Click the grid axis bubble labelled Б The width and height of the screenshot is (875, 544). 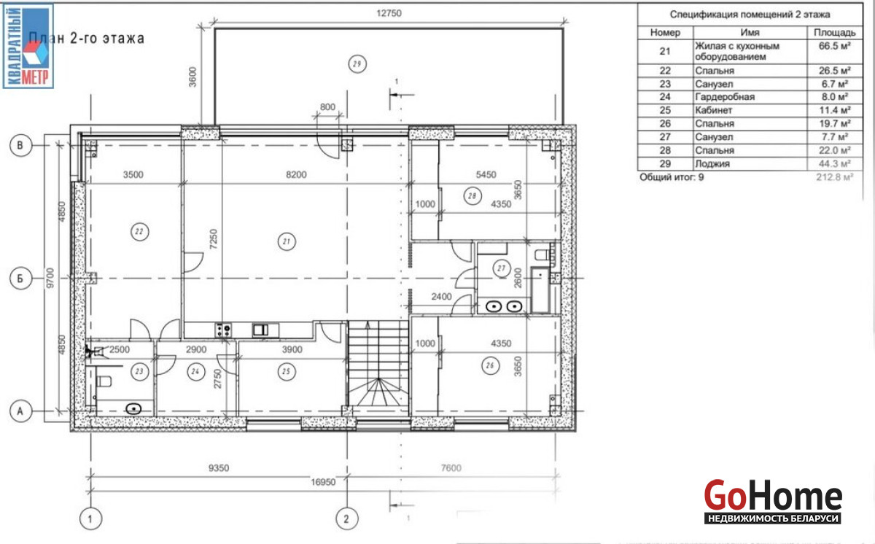(20, 279)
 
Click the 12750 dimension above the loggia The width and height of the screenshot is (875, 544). (389, 13)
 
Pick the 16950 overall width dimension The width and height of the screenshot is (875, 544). (323, 482)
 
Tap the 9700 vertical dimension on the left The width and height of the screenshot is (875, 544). (50, 278)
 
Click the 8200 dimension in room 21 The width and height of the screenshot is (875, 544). (296, 174)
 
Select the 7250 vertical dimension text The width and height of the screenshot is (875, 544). (213, 239)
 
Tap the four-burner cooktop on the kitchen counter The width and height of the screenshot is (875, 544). (223, 330)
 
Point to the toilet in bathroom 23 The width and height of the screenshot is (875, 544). (104, 381)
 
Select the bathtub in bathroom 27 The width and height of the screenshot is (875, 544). (540, 290)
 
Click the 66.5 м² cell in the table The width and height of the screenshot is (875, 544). (834, 46)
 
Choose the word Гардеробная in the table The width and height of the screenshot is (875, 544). (725, 97)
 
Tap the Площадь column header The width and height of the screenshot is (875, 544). (835, 33)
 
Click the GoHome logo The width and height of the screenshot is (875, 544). (773, 502)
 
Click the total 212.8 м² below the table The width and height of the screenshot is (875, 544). (834, 177)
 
